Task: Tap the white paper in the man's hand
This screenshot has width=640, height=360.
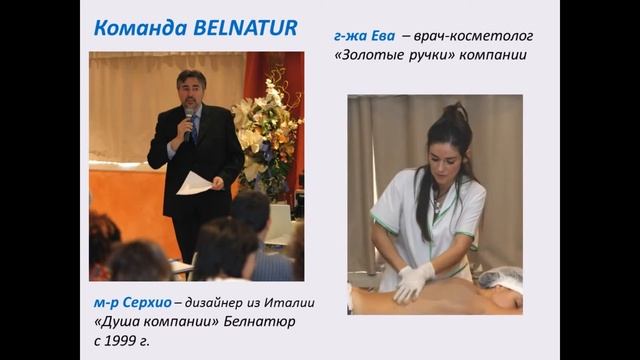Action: (x=192, y=183)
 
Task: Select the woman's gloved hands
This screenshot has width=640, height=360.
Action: (x=412, y=280)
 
